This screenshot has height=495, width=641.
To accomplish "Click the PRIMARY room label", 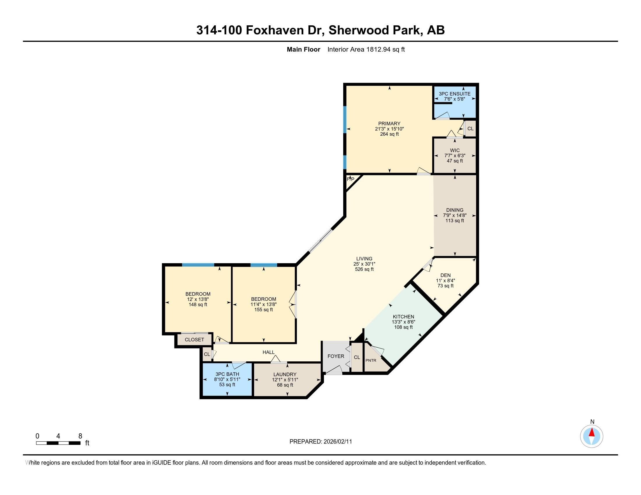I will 389,123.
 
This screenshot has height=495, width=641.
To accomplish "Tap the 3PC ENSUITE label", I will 454,94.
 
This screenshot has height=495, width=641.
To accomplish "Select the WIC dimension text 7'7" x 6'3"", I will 455,156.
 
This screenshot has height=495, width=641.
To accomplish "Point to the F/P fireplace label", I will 351,179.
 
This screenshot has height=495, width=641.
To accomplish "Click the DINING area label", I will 455,210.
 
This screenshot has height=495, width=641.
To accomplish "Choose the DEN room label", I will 445,275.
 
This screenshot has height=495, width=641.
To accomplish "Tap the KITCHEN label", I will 403,317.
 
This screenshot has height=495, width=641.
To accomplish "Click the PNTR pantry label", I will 371,360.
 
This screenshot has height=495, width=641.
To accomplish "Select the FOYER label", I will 336,356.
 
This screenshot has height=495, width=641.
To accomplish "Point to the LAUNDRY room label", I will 285,374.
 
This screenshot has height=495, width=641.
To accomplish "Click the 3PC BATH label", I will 227,374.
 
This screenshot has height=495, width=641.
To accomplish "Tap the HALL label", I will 269,352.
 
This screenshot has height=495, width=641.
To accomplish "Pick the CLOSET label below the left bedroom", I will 194,340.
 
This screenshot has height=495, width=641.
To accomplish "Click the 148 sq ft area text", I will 198,305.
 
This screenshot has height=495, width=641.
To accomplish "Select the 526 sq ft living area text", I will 364,269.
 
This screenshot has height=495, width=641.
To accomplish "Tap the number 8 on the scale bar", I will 80,436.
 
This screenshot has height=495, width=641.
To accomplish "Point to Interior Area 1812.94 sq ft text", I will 366,49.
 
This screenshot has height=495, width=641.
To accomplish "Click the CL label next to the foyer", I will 357,358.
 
